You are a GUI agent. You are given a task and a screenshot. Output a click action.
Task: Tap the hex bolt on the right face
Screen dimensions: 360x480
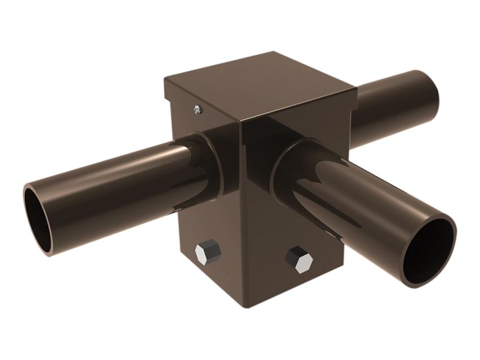click(x=298, y=259)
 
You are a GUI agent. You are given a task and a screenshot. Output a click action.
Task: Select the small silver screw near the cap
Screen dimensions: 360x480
click(x=197, y=110)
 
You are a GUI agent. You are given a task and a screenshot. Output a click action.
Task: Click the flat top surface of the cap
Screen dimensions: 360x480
click(x=259, y=84)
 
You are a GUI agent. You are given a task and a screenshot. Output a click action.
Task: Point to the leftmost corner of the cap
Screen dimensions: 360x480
click(x=164, y=79)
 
